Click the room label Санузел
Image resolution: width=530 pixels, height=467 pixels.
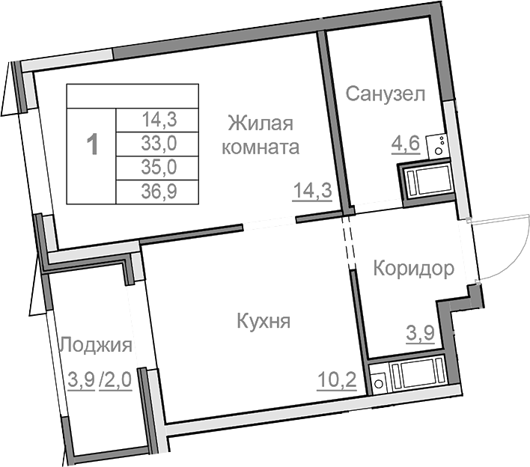(386, 94)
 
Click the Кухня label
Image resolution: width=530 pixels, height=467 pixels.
(263, 322)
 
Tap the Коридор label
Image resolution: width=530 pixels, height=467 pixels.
(413, 269)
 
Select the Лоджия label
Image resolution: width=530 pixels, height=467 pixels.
(96, 346)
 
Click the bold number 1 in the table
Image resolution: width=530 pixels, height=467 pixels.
(92, 143)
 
